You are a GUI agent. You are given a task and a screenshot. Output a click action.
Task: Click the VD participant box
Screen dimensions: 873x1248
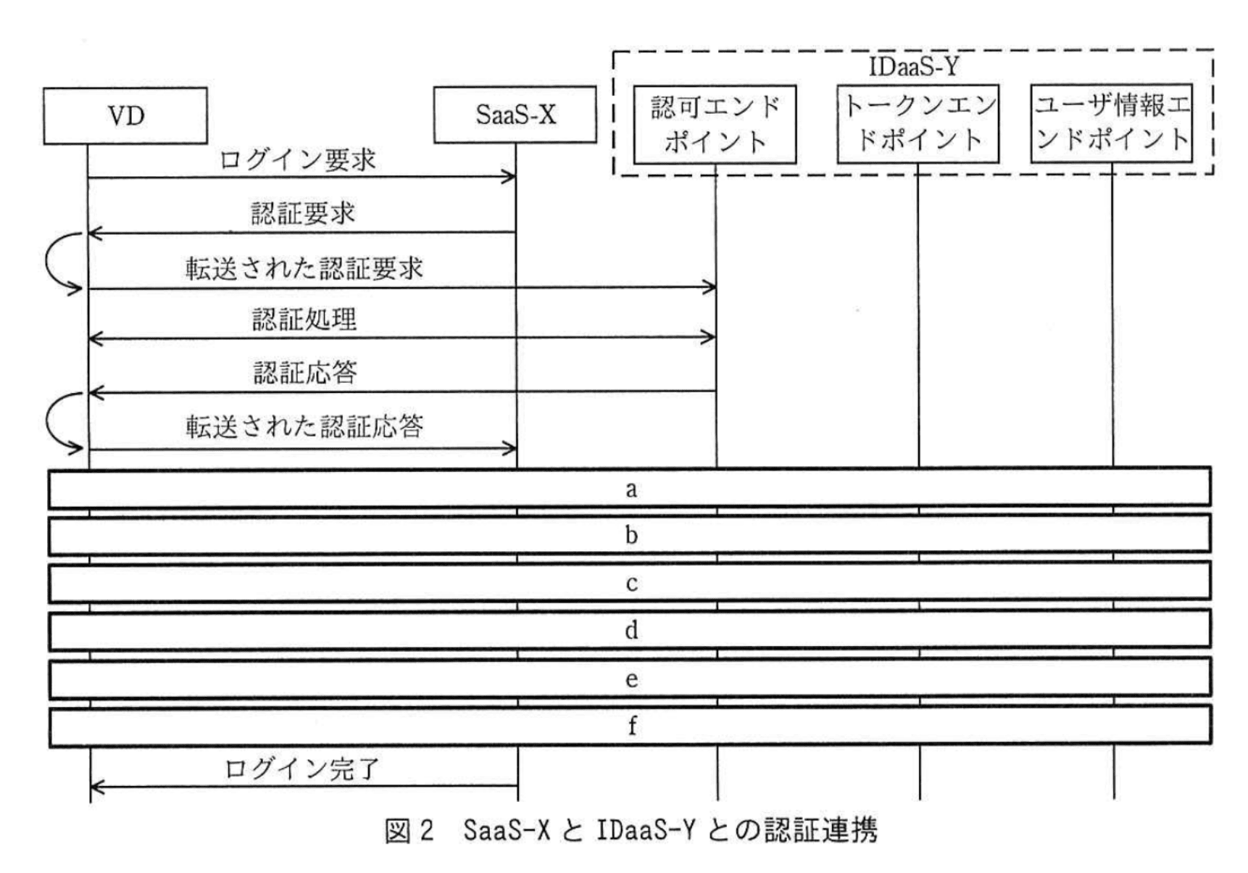[125, 116]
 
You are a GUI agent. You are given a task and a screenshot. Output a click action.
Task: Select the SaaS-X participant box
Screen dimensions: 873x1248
[515, 115]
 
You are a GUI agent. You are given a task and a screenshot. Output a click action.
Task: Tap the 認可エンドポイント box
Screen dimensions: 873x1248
[715, 124]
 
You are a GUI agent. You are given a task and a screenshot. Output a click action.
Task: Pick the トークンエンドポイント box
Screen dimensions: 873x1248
[918, 123]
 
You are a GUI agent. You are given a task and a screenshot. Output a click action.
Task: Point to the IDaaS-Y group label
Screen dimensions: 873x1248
[913, 67]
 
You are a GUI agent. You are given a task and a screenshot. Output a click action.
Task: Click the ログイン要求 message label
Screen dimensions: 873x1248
[298, 160]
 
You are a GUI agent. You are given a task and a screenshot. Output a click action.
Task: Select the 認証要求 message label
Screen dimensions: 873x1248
[303, 213]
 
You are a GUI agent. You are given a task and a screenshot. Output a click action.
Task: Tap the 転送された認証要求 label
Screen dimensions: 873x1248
[304, 268]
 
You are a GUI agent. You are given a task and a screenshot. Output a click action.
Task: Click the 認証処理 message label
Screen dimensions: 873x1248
[304, 319]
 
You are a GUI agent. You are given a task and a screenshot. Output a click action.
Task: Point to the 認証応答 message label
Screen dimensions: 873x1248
[305, 373]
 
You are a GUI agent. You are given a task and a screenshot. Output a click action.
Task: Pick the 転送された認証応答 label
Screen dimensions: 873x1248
[304, 426]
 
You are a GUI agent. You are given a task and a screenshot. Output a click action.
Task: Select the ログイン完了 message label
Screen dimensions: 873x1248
[301, 768]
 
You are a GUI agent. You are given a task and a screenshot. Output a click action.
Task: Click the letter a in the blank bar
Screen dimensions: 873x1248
[631, 489]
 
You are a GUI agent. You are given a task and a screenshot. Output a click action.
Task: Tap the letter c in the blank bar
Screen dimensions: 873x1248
[631, 584]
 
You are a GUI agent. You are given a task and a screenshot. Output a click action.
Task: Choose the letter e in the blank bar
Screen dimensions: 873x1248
[631, 679]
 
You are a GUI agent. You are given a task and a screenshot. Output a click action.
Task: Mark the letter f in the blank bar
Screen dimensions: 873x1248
[631, 725]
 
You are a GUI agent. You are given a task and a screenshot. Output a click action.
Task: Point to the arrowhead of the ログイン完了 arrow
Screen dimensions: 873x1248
[96, 786]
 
